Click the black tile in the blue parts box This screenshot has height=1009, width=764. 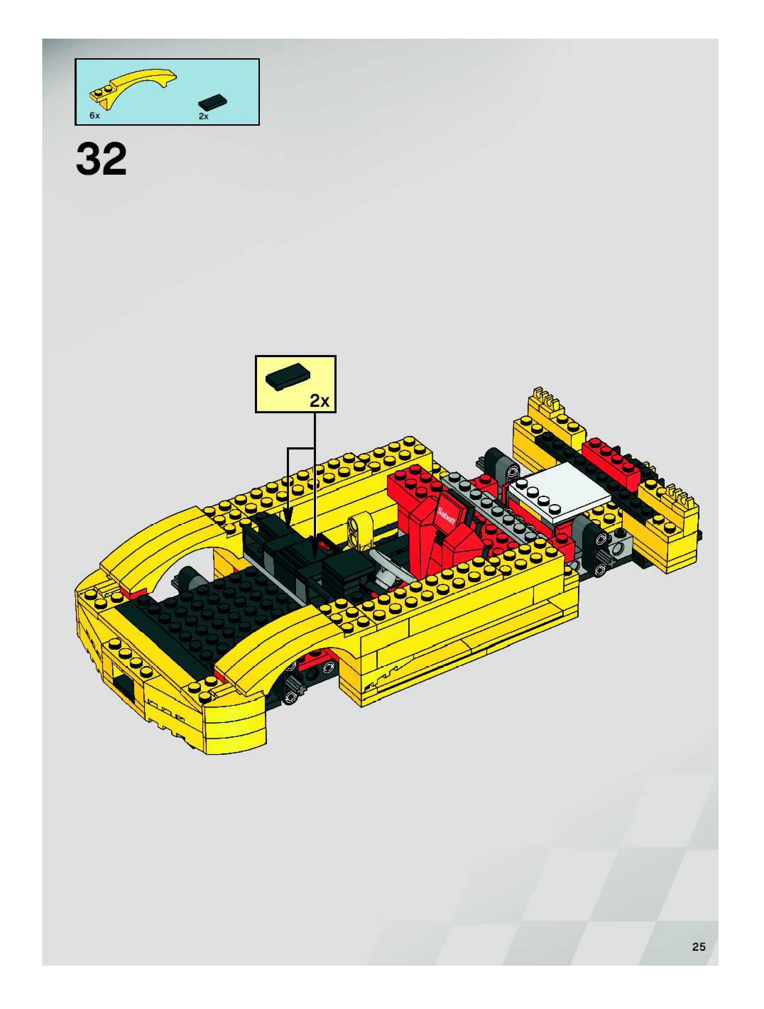[x=213, y=103]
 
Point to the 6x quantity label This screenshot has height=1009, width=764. [x=94, y=116]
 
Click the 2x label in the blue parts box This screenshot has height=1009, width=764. [x=203, y=116]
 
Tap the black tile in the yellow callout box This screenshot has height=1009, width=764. [x=287, y=376]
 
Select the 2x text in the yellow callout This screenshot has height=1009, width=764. [x=319, y=400]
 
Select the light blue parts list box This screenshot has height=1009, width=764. [x=167, y=92]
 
